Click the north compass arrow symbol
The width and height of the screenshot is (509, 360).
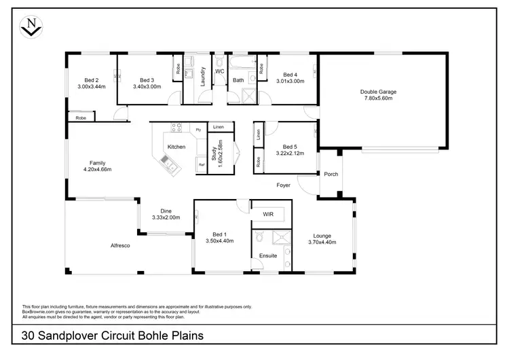point(29,26)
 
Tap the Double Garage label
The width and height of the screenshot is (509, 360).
point(377,92)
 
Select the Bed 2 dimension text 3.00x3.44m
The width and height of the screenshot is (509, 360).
point(92,87)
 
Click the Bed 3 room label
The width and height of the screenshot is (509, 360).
point(147,79)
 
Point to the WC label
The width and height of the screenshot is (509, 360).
point(219,71)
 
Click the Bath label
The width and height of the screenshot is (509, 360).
point(238,80)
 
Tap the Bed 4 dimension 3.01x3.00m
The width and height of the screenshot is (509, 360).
point(290,82)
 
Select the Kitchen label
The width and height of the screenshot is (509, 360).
point(176,147)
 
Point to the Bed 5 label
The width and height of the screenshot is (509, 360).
point(290,147)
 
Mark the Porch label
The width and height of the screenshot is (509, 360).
point(331,174)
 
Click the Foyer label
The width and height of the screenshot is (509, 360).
point(283,185)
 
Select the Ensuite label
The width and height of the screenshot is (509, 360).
point(267,255)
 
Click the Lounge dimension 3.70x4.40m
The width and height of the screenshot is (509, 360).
point(322,242)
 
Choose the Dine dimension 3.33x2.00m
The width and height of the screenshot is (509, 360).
point(166,217)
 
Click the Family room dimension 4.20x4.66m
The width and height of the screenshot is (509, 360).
point(97,169)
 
